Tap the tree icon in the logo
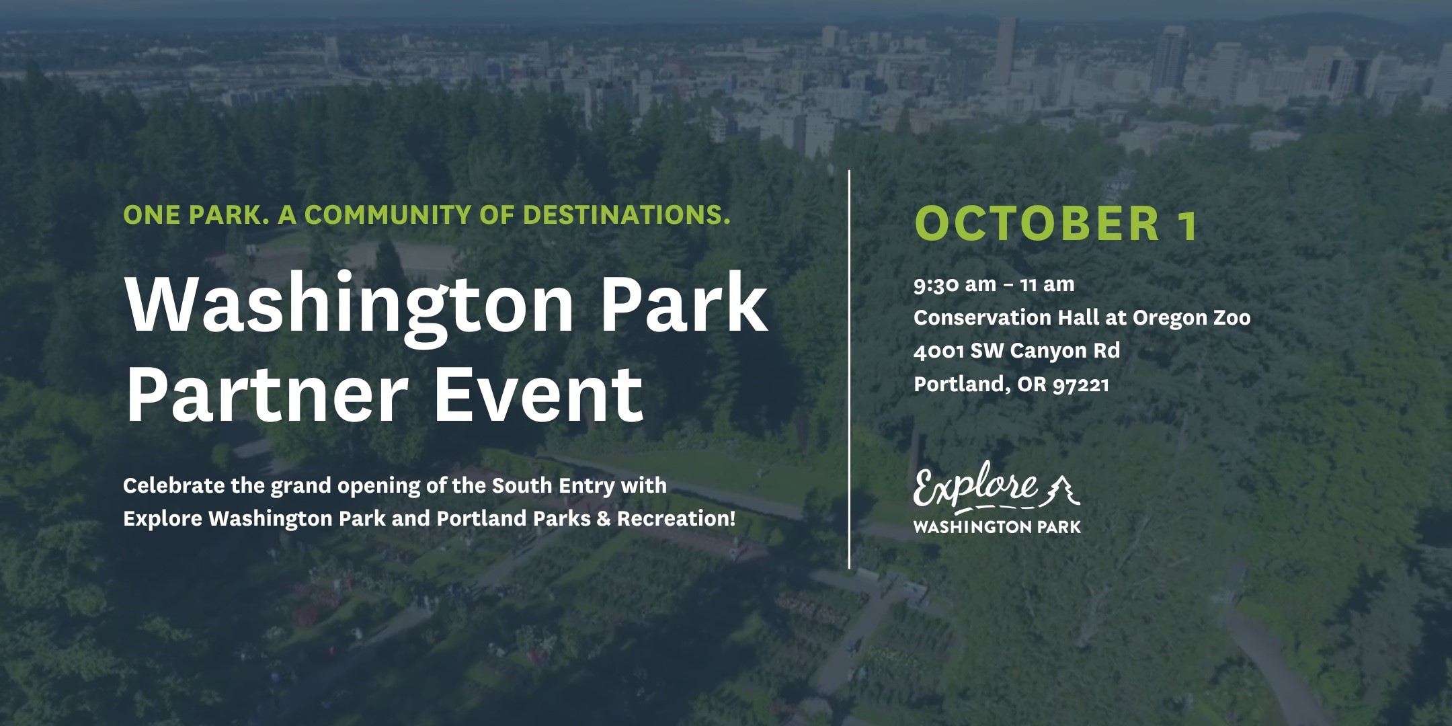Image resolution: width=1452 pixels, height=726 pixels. (1061, 489)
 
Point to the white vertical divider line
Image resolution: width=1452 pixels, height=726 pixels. (850, 369)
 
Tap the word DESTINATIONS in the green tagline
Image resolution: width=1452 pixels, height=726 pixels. (627, 214)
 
